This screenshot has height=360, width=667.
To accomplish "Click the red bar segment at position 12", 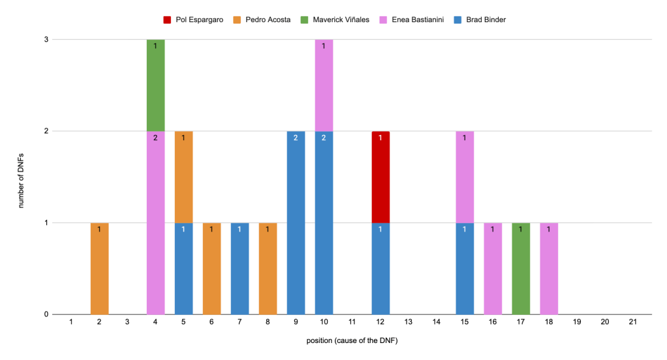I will (x=380, y=177).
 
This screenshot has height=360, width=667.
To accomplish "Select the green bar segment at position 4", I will (x=155, y=85).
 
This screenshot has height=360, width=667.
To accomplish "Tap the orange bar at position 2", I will (x=99, y=268).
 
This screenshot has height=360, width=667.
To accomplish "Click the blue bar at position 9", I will (x=296, y=222).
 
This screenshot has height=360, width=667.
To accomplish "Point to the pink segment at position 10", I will (x=324, y=85).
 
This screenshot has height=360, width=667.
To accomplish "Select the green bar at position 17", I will (x=521, y=268).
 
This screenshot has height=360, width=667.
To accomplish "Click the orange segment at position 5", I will (x=183, y=177).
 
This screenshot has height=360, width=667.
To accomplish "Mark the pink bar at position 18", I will (x=549, y=268).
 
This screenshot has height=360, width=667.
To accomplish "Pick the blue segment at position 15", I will (x=465, y=268).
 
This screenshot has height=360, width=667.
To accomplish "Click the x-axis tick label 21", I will (x=632, y=322).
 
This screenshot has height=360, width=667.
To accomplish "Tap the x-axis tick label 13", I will (x=408, y=322).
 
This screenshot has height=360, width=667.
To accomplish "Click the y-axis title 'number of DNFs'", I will (x=22, y=177).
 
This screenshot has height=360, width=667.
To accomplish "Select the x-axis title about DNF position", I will (x=352, y=341).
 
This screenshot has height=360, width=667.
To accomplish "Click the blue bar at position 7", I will (x=240, y=268).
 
